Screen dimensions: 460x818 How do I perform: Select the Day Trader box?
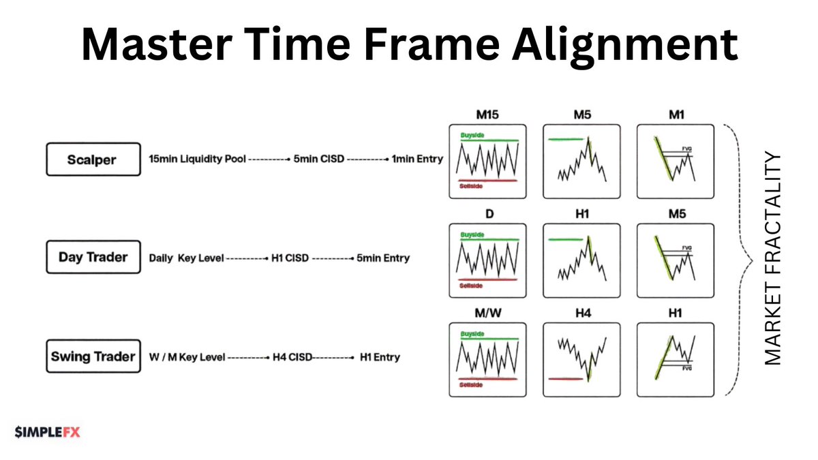(x=94, y=258)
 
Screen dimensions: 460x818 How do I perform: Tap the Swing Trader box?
(x=94, y=356)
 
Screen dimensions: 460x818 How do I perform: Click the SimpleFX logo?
(x=47, y=431)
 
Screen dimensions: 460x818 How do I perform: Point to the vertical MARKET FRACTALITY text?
(x=772, y=259)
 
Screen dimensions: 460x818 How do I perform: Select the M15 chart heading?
(x=488, y=114)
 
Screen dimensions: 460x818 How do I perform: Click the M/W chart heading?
(x=488, y=312)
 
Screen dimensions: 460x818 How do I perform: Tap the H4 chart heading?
(x=581, y=312)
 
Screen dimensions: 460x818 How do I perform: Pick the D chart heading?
(x=488, y=214)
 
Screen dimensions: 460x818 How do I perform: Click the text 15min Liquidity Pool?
(x=196, y=159)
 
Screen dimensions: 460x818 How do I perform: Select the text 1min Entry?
(x=417, y=159)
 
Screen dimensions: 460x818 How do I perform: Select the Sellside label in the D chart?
(x=470, y=286)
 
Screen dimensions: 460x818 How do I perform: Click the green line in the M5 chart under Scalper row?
(x=566, y=140)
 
